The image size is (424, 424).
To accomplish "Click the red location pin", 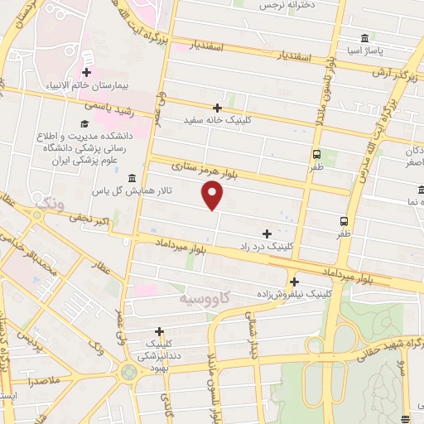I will tap(213, 195).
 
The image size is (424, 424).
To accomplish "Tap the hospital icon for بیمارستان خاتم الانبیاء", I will tap(86, 73).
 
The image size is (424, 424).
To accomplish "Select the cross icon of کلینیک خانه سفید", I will tap(217, 108).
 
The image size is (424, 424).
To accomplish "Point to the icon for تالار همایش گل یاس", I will tap(132, 179).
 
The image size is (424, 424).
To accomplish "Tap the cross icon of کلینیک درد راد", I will tap(267, 234).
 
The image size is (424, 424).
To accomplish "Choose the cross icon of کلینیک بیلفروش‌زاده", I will tap(295, 282).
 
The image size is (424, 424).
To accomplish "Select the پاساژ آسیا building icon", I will tap(365, 39).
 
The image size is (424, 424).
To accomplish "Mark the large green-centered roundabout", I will tap(128, 372).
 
